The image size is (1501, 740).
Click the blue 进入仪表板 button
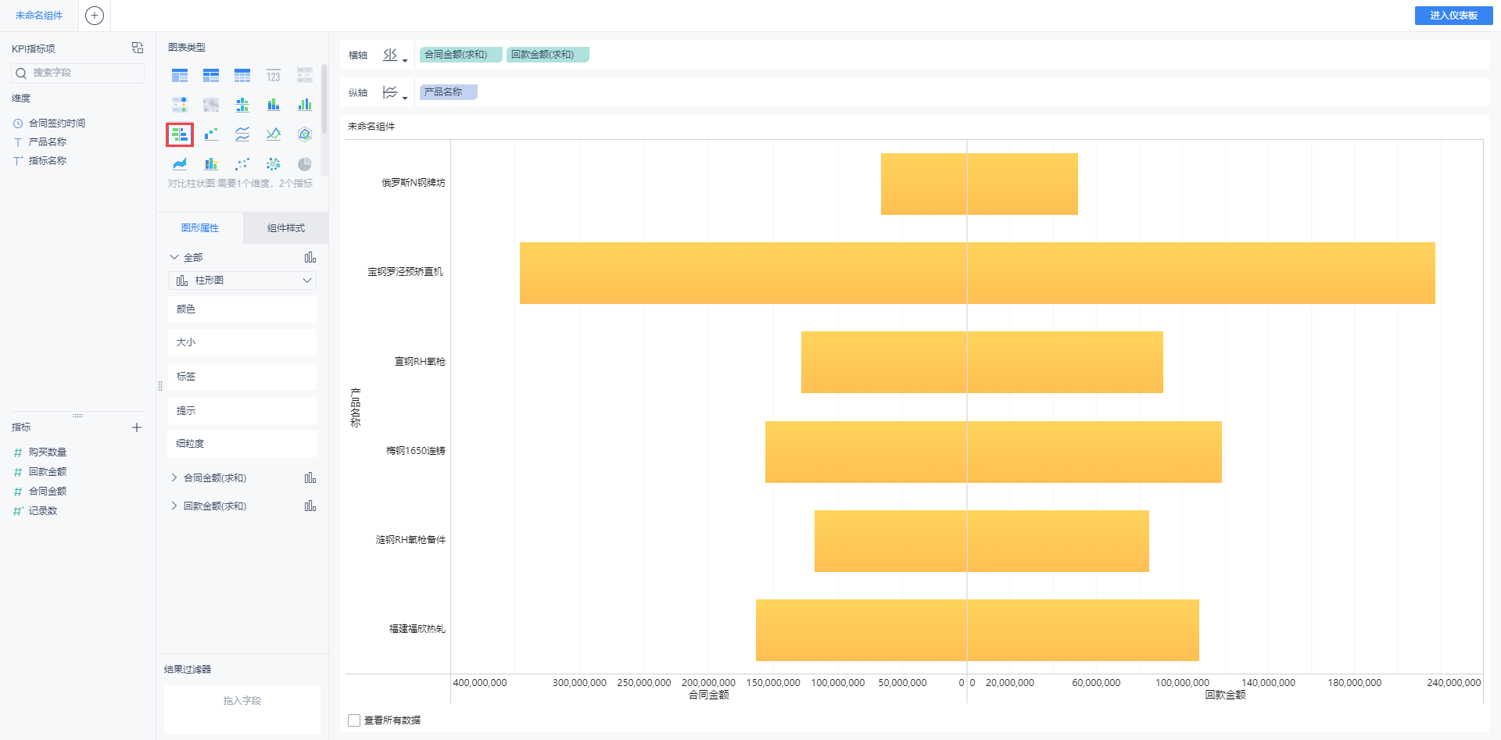tap(1453, 16)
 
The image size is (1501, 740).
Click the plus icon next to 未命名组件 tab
tap(95, 16)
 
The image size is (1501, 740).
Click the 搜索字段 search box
tap(78, 73)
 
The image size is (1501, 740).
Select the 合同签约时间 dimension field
tap(56, 123)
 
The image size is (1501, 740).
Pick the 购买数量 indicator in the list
tap(47, 452)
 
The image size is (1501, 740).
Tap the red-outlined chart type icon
tap(180, 134)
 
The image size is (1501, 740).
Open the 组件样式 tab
tap(285, 228)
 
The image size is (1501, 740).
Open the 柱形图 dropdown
tap(242, 281)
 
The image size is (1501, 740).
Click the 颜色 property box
tap(242, 309)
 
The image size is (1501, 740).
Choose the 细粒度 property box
tap(242, 444)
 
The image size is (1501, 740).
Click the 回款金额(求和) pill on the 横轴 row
tap(547, 55)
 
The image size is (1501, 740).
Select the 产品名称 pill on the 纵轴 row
tap(448, 92)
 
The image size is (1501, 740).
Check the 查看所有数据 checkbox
tap(354, 720)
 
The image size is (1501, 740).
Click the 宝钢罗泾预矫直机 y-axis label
tap(405, 272)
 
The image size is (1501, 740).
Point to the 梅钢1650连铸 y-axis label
tap(415, 451)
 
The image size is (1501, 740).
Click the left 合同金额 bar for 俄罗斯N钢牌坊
tap(923, 184)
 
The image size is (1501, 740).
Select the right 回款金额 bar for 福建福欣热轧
tap(1083, 630)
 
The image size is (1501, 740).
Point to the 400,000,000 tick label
tap(480, 683)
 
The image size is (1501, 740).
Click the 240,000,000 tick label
tap(1453, 683)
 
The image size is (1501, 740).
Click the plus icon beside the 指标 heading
tap(137, 427)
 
